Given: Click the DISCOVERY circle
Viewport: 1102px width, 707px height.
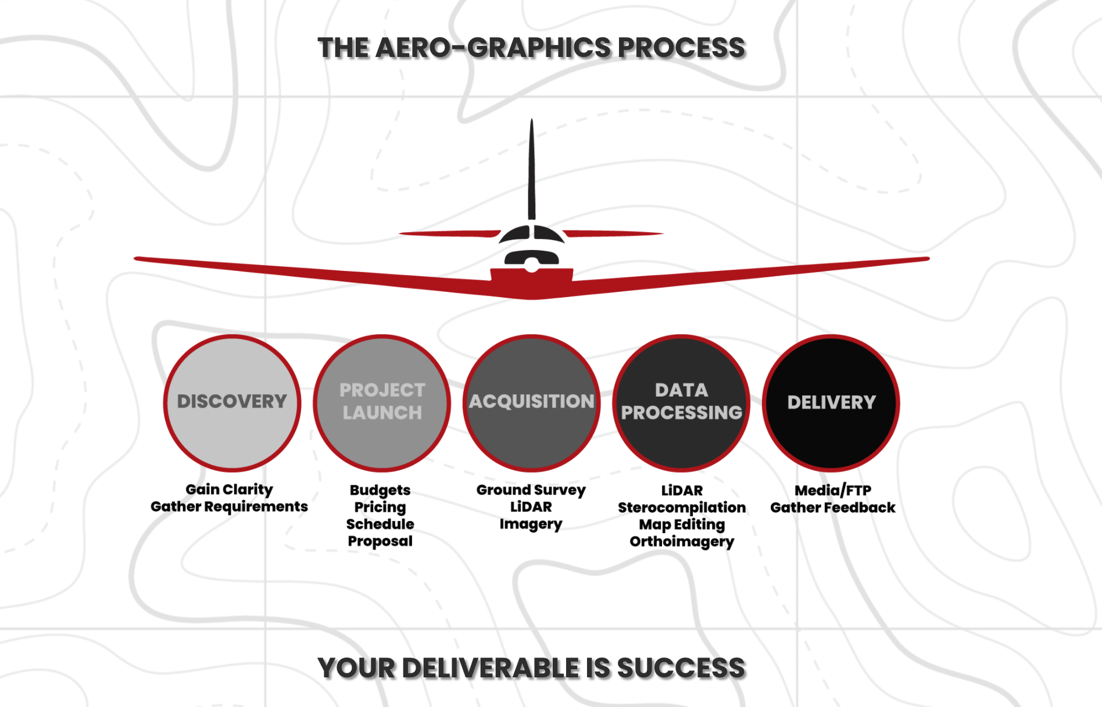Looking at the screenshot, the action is (232, 403).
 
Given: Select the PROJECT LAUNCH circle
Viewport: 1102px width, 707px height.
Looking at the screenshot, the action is (382, 403).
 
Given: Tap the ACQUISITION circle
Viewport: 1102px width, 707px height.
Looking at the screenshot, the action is (532, 403).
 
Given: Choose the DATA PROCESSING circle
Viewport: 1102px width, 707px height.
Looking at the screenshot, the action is (681, 403).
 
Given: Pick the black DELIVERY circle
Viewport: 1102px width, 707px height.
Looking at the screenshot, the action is (831, 403).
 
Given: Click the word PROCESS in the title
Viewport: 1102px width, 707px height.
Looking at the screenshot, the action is (681, 48).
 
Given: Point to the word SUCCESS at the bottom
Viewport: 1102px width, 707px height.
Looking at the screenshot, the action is (681, 668).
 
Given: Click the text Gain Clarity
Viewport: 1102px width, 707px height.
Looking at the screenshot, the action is (229, 490).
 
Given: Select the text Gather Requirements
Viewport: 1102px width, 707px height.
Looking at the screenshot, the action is (229, 506).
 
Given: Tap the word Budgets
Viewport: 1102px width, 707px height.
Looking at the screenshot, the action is (380, 490).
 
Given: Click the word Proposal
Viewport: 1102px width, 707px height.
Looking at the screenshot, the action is (380, 541).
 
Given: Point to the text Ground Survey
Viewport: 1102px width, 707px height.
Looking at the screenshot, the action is (531, 490).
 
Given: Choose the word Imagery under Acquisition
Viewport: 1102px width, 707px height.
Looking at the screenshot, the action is (531, 524).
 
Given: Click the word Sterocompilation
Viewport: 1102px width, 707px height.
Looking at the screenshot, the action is (682, 508).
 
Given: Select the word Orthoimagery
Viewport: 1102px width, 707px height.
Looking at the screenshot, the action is (682, 542).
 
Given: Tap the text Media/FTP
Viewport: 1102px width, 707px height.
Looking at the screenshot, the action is (833, 491).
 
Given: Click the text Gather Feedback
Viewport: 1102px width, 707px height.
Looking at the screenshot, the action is (833, 508).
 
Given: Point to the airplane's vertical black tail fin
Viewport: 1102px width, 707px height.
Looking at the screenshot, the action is (531, 169).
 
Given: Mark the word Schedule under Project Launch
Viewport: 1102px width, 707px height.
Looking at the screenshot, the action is (380, 524).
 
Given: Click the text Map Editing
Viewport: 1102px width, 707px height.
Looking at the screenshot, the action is (682, 524).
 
